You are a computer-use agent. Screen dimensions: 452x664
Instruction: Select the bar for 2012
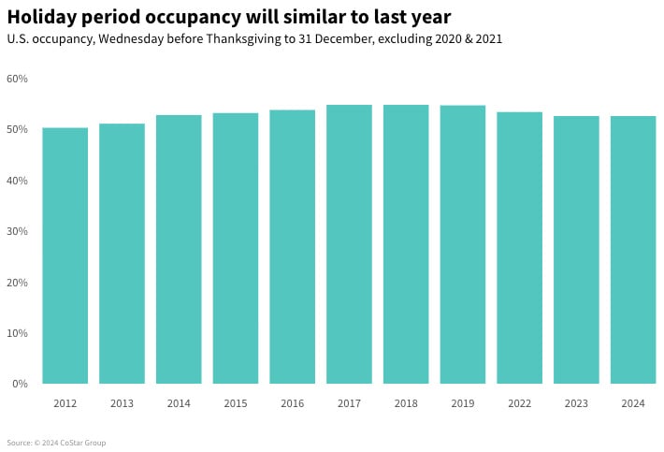[65, 255]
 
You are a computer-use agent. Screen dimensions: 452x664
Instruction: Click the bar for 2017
[349, 244]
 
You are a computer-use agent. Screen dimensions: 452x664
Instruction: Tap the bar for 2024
[633, 250]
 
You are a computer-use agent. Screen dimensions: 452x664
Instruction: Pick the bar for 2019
[463, 244]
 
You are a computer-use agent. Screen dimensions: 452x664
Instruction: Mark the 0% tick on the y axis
[20, 384]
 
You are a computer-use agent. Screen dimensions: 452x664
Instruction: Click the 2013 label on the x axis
[122, 403]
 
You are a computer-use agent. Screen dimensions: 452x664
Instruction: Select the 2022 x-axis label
[519, 403]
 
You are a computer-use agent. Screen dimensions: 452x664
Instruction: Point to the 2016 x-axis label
[292, 403]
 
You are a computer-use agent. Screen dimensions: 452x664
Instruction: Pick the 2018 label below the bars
[406, 403]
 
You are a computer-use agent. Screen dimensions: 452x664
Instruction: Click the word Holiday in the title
[43, 17]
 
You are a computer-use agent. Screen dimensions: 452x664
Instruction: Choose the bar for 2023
[576, 250]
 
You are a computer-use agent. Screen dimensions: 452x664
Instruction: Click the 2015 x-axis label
[236, 403]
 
